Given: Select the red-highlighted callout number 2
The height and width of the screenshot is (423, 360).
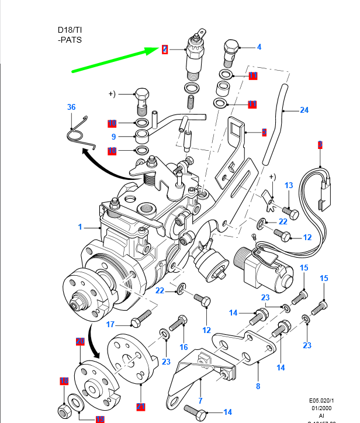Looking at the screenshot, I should pos(165,50).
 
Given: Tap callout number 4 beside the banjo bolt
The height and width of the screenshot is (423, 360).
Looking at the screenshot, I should pos(259,47).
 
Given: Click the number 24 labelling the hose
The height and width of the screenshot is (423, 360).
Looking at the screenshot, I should pos(304,110).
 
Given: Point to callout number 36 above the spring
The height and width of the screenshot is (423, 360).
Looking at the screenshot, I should pos(71,107).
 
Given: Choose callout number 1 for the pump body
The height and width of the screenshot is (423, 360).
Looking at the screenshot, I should pos(81,227).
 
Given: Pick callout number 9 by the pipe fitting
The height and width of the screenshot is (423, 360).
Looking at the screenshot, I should pos(115,137).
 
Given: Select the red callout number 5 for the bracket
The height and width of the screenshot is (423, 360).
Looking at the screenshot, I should pos(264,133).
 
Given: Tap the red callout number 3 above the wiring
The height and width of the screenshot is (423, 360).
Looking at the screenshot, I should pos(320,144).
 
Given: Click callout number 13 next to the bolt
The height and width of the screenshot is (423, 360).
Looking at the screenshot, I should pos(289,185).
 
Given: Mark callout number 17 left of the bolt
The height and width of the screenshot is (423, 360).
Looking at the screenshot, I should pos(109,324).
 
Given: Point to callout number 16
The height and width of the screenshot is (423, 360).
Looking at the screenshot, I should pos(184,347).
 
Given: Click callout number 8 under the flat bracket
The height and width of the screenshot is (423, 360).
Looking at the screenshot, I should pos(258,386).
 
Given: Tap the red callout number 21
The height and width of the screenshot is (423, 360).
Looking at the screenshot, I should pos(140,406).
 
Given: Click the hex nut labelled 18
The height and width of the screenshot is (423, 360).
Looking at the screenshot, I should pos(63,406).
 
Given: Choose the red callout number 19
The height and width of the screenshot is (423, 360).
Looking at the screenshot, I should pos(64,381).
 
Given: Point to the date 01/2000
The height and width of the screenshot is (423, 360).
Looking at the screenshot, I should pos(327,408).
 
